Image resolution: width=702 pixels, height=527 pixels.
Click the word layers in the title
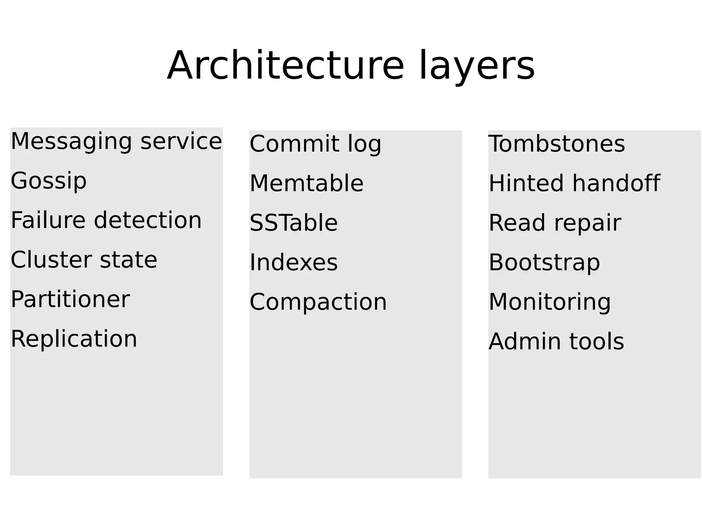tap(476, 65)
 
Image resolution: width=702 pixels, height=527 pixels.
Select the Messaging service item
tap(116, 141)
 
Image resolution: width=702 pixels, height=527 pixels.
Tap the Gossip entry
tap(49, 181)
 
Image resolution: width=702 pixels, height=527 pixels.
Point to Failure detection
tap(106, 220)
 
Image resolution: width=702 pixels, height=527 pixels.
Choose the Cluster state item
tap(84, 260)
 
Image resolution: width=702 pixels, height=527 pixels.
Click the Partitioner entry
tap(70, 299)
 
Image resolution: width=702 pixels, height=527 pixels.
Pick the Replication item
tap(74, 339)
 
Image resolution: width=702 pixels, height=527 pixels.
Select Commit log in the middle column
tap(315, 144)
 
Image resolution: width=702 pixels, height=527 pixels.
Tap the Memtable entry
tap(306, 183)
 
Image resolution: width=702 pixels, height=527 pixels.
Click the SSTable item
tap(294, 223)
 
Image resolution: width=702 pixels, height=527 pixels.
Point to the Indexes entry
tap(294, 262)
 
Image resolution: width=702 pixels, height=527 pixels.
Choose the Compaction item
tap(318, 302)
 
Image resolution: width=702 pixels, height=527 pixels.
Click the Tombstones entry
tap(557, 144)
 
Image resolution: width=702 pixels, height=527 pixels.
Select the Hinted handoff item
tap(574, 183)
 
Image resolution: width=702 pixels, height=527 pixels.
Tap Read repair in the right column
tap(555, 223)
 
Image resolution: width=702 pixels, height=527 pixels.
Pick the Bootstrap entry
tap(544, 262)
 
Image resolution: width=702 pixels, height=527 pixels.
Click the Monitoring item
tap(549, 302)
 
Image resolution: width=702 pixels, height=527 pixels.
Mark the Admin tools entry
tap(556, 342)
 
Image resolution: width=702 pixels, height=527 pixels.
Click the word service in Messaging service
tap(181, 141)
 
